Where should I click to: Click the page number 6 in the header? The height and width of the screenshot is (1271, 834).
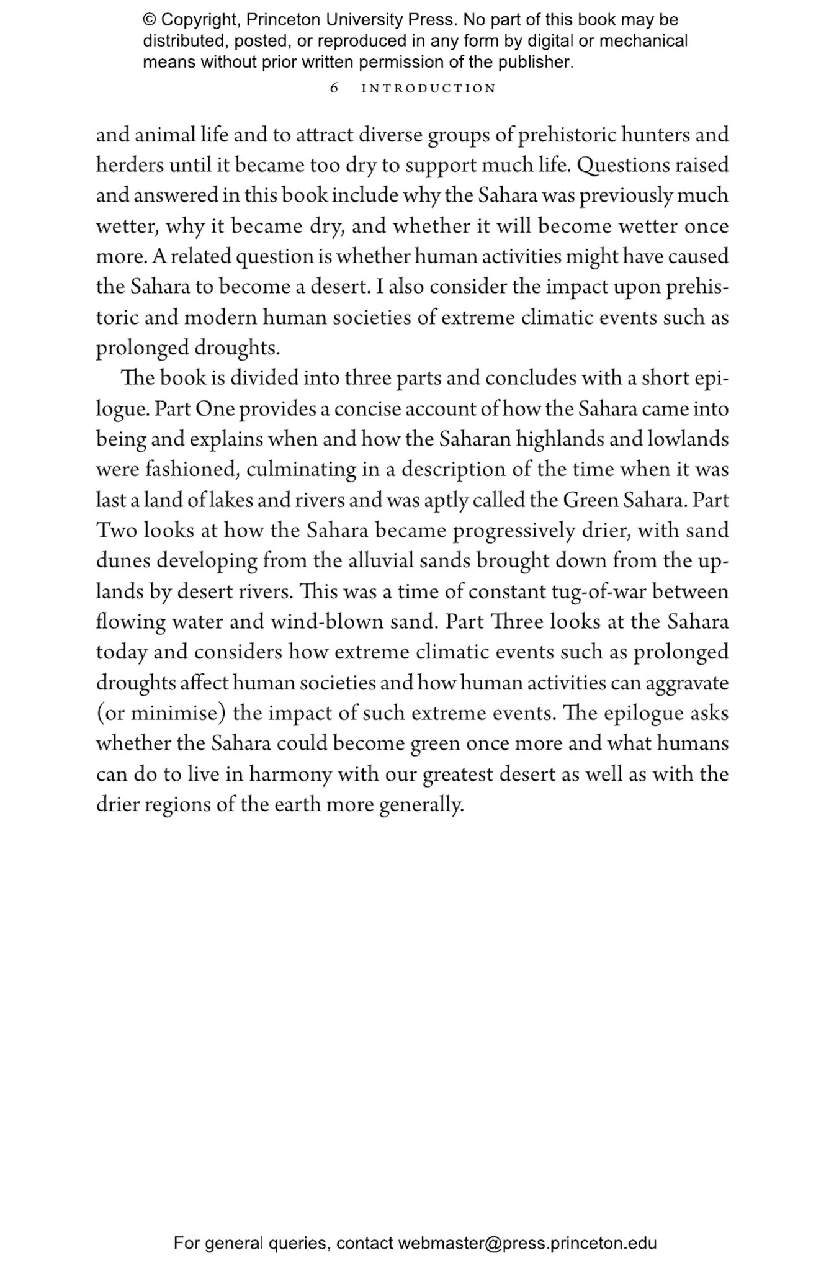(334, 88)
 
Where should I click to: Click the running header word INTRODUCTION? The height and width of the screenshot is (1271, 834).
(429, 88)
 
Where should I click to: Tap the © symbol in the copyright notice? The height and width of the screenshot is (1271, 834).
(150, 20)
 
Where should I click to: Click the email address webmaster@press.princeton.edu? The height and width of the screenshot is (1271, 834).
(527, 1225)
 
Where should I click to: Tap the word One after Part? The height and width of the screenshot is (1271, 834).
(214, 409)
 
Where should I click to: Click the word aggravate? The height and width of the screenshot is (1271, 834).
(687, 683)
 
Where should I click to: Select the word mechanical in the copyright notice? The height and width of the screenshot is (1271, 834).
(645, 41)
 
